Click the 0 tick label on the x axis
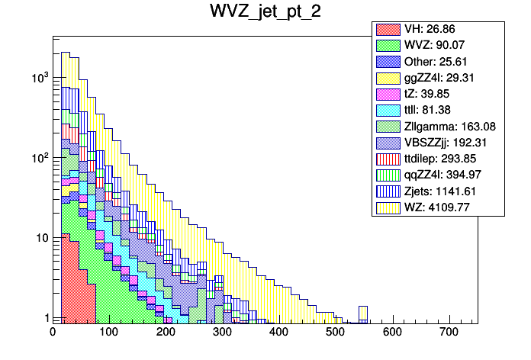53,333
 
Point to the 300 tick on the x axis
223,333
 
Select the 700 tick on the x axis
449,333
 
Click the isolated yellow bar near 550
363,313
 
